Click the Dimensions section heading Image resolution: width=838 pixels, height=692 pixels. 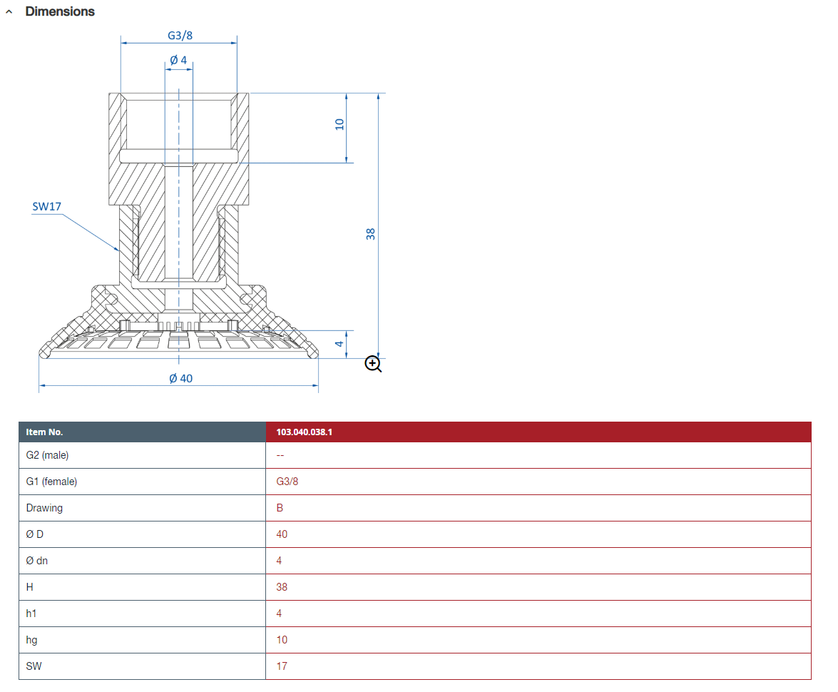click(x=60, y=11)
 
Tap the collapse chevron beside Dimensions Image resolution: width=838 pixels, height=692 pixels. click(x=9, y=12)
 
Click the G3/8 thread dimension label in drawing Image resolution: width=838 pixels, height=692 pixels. click(x=180, y=36)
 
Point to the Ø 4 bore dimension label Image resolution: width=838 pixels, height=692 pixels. click(x=178, y=60)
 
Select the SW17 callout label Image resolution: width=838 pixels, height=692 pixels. click(x=47, y=207)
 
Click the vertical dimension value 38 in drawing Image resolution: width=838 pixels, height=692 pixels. click(x=370, y=233)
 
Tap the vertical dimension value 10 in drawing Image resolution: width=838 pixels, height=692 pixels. click(x=339, y=123)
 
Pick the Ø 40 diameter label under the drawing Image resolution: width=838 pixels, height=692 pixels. click(x=180, y=378)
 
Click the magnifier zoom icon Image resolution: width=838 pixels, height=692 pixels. click(x=373, y=364)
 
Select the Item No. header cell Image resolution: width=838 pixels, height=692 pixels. click(x=44, y=432)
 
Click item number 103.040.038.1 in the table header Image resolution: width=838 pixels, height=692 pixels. click(x=304, y=432)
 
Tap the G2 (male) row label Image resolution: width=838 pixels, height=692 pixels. click(x=47, y=455)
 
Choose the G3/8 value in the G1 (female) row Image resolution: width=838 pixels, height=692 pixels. click(x=287, y=482)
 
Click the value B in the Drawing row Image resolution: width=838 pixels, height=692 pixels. click(x=280, y=508)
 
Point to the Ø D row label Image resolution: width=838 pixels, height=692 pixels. click(x=34, y=534)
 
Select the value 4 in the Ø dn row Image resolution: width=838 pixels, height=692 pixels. click(x=279, y=561)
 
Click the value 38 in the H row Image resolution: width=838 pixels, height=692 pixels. click(x=282, y=587)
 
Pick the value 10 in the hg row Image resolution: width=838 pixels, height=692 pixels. click(x=282, y=640)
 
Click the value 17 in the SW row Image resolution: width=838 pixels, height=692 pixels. click(x=282, y=666)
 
